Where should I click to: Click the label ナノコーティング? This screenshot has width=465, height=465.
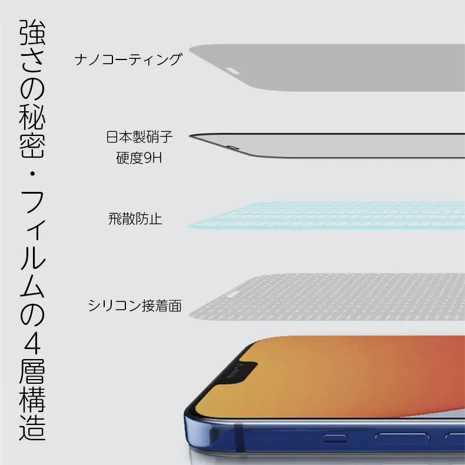[x=128, y=60]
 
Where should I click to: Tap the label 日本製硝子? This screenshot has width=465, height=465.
[x=139, y=138]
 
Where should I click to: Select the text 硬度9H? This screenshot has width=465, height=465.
[x=139, y=159]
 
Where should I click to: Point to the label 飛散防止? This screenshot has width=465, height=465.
[x=135, y=220]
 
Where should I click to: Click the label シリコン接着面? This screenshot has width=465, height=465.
[x=135, y=305]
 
